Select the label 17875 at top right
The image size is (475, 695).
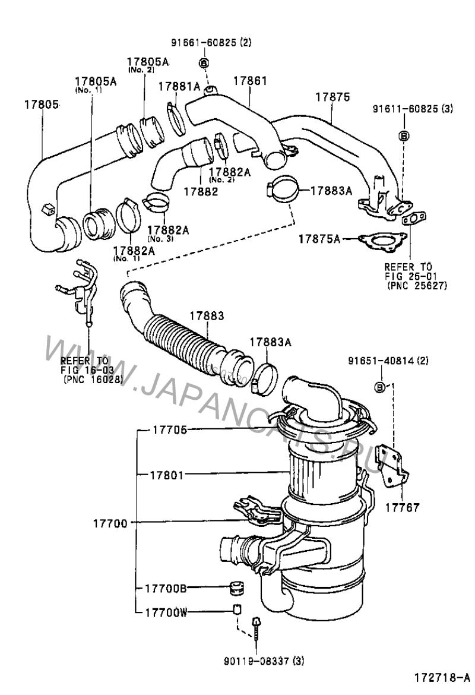pos(332,96)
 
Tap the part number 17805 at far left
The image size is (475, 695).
pos(41,105)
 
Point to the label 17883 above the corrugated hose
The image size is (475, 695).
pos(207,317)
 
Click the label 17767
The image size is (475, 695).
pos(401,508)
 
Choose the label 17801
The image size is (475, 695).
pos(166,475)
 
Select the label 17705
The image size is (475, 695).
pos(170,429)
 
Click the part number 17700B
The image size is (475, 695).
pos(166,588)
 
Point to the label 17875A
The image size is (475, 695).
pos(319,238)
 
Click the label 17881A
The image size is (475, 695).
pos(179,87)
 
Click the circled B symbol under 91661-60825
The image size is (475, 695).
pos(203,63)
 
